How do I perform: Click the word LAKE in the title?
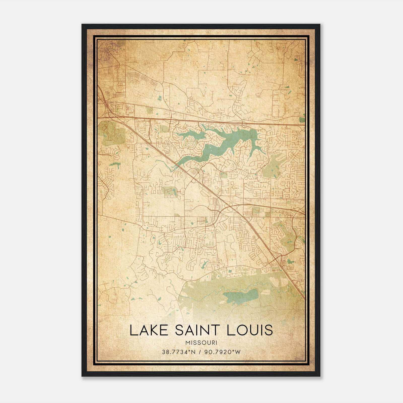click(146, 330)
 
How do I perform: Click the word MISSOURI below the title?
click(201, 343)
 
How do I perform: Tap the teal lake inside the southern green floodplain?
click(242, 296)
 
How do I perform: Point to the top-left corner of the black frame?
click(82, 25)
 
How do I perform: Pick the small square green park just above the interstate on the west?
click(150, 110)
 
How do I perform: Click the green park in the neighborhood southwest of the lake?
click(169, 191)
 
